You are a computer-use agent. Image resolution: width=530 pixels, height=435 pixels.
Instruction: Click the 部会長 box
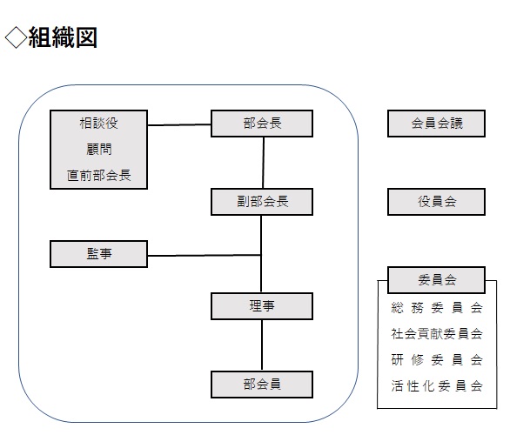tap(262, 124)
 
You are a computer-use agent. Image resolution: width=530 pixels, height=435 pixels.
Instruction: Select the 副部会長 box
tap(262, 202)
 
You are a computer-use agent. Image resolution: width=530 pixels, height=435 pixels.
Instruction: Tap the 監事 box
tap(98, 254)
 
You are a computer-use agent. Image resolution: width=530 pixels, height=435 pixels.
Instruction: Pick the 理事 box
tap(262, 306)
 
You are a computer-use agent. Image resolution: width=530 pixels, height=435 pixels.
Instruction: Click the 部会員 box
tap(262, 385)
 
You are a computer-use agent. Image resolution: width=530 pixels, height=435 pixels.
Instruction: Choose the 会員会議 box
tap(436, 124)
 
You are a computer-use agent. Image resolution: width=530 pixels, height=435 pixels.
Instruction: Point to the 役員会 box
tap(436, 202)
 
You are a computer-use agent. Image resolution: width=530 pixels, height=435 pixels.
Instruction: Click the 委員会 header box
tap(436, 280)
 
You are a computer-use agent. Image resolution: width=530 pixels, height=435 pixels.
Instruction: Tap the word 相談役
tap(98, 123)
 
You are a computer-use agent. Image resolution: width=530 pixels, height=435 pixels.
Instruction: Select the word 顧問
tap(98, 149)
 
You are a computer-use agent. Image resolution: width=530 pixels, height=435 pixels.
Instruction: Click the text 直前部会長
tap(98, 175)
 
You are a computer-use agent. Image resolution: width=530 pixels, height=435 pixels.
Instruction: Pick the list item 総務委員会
tap(437, 308)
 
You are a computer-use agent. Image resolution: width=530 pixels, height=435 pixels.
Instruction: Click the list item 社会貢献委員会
tap(437, 333)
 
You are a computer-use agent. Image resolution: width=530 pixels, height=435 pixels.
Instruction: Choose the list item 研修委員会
tap(437, 359)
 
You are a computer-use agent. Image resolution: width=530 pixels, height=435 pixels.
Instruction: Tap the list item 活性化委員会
tap(437, 385)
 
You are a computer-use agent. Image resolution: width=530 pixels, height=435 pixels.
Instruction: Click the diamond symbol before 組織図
tap(16, 37)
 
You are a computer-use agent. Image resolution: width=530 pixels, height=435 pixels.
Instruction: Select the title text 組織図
tap(63, 37)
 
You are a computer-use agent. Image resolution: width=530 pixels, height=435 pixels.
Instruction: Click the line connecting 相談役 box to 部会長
tap(179, 124)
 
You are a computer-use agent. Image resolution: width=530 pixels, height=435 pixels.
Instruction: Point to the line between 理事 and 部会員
tap(262, 345)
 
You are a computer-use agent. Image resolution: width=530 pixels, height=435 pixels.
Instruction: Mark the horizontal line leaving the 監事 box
tap(205, 255)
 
